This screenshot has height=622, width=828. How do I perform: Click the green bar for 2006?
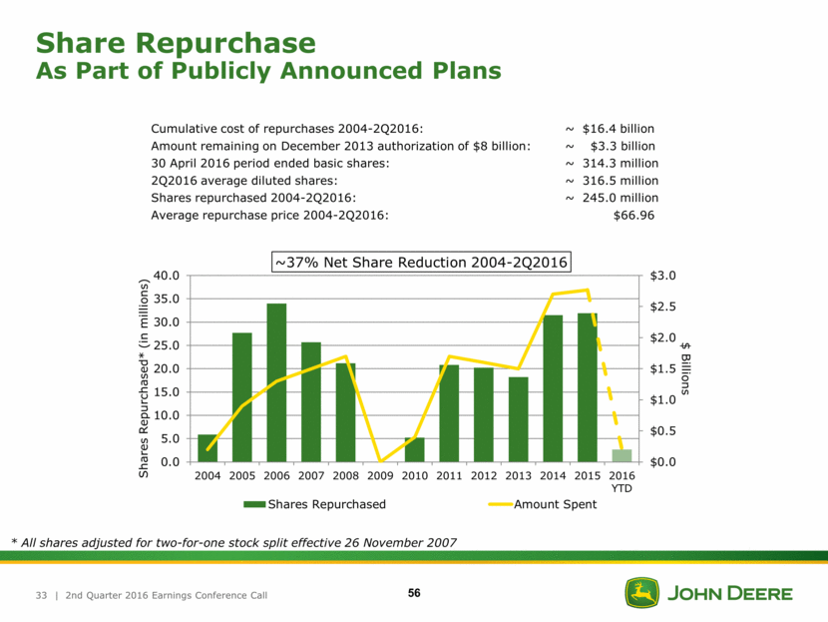[276, 382]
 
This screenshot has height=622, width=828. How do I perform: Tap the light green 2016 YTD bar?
[621, 455]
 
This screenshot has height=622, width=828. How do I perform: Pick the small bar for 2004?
[207, 448]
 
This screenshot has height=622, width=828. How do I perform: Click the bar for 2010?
[414, 449]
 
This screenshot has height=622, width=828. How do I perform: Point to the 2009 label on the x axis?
[380, 474]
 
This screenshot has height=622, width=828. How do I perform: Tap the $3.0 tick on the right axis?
[664, 276]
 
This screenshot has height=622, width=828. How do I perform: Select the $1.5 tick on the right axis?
[664, 368]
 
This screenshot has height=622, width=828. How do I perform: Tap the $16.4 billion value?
[618, 129]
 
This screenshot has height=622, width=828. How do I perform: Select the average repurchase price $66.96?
[633, 215]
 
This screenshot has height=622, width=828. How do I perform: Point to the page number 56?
[413, 594]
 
